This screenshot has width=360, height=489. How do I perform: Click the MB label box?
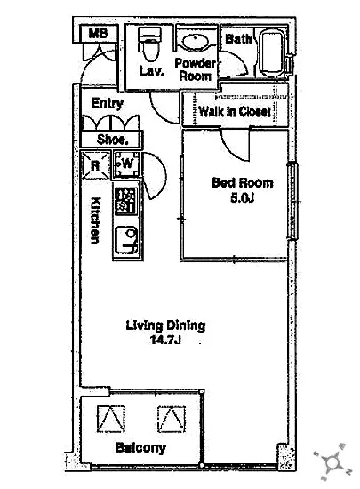point(99,34)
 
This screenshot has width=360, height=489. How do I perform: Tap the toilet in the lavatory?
point(149,44)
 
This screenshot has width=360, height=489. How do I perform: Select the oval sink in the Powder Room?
point(196,41)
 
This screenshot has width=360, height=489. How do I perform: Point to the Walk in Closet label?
point(235,112)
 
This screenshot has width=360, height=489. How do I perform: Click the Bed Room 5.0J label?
point(242,189)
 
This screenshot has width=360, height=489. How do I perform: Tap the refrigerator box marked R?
point(95,165)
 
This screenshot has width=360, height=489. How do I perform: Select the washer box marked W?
point(127,164)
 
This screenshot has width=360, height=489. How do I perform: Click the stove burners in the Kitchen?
point(126,202)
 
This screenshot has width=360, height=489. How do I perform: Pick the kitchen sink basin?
point(126,241)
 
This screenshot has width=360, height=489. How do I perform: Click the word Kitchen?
point(95,220)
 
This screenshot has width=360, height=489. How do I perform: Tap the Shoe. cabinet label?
point(113,140)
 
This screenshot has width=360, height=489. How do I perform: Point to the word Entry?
point(108,103)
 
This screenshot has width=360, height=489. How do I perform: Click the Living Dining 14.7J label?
point(165,333)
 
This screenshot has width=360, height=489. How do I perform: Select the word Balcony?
point(140,448)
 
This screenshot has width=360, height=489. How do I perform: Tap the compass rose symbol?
point(332,461)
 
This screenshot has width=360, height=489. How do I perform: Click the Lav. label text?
point(151,71)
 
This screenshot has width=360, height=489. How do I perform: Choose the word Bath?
point(238,39)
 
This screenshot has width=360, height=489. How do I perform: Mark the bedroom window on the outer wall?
point(292,201)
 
